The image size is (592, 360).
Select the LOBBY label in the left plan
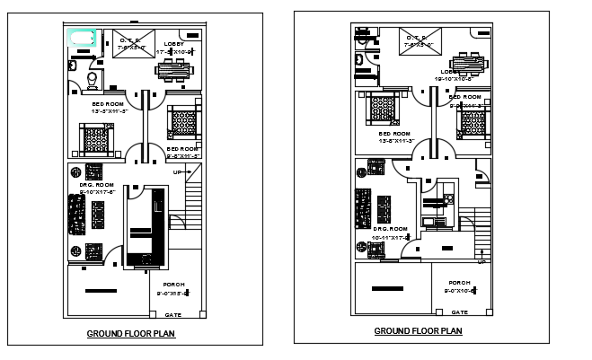(174, 43)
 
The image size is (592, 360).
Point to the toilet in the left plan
(92, 83)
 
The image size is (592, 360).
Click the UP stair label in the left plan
(179, 171)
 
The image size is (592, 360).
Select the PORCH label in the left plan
(173, 285)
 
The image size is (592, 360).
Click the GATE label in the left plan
(172, 315)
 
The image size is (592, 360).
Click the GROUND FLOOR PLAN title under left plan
(130, 334)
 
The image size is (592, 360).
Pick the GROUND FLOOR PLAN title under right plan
(418, 331)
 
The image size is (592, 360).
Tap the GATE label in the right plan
(459, 312)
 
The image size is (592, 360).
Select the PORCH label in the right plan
(460, 283)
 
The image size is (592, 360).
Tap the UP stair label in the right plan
(482, 262)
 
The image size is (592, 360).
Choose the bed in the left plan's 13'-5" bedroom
(95, 139)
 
